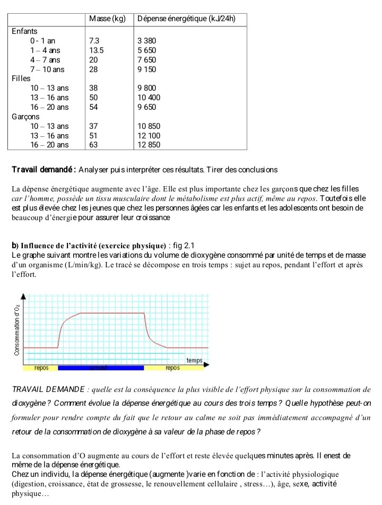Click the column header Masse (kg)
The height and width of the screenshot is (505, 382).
[x=107, y=19]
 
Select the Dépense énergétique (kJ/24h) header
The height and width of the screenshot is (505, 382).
[x=186, y=19]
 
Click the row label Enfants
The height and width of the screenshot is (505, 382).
[x=24, y=31]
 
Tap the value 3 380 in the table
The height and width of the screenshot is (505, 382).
[x=147, y=41]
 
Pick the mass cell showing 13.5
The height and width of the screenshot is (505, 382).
[x=96, y=50]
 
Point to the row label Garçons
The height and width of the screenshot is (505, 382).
[x=25, y=117]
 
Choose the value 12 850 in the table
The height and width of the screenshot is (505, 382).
[x=149, y=145]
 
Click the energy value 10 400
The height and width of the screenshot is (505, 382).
[x=149, y=98]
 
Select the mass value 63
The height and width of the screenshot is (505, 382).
[x=93, y=145]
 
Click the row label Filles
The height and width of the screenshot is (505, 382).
[x=22, y=79]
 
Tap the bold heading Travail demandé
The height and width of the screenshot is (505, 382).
[x=44, y=170]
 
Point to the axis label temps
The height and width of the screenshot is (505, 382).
[x=194, y=361]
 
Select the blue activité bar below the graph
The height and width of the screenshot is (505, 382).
[x=101, y=368]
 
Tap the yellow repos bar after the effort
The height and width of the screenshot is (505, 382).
[x=173, y=368]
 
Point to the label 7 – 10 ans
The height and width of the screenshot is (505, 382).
[x=47, y=69]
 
